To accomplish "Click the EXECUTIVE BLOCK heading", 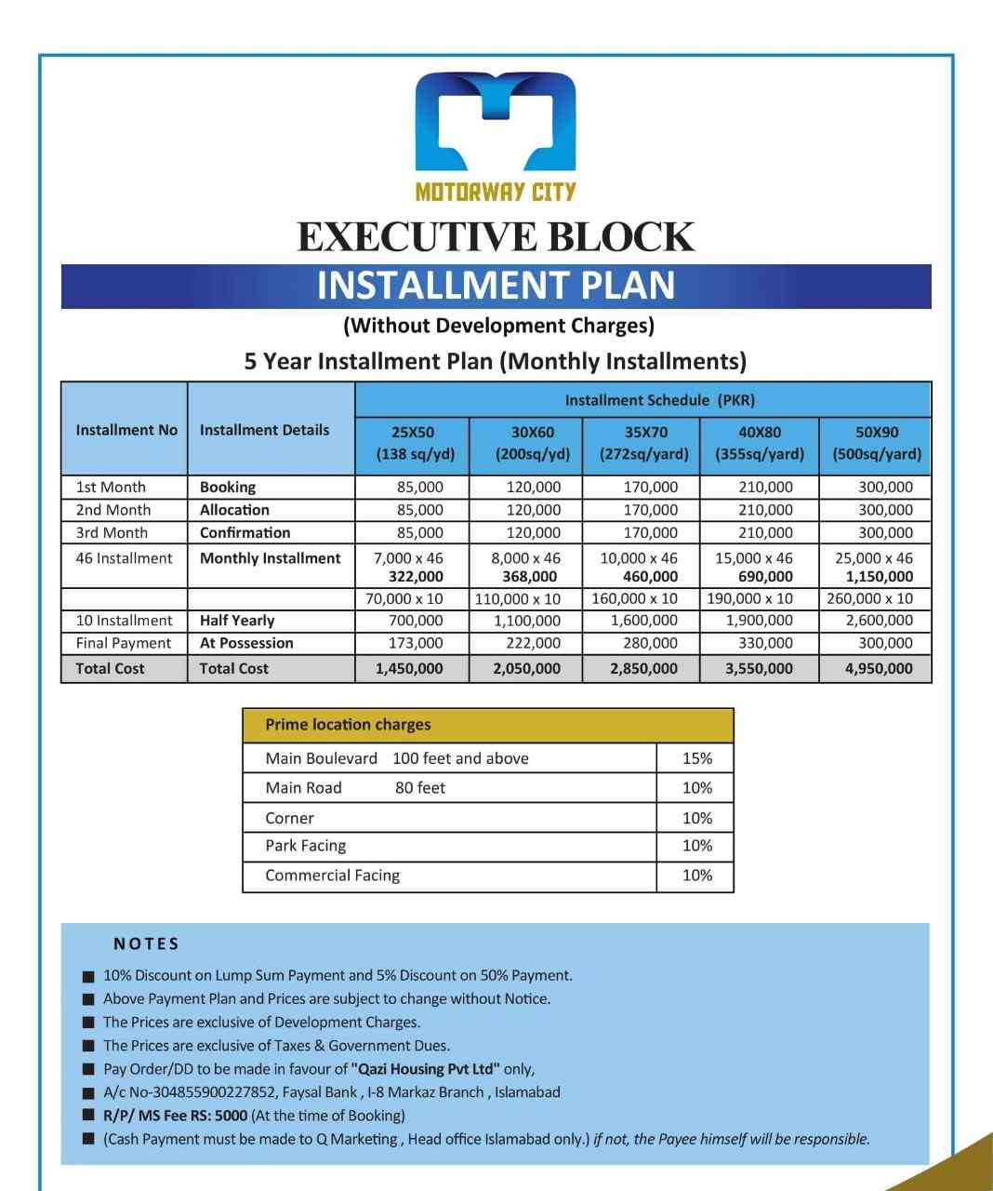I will point(496,237).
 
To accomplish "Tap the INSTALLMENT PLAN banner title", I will point(496,286).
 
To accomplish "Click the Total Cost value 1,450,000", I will point(409,668).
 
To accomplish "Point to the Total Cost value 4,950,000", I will point(879,668).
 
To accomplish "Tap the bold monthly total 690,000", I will point(765,577).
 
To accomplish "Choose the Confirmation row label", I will point(245,533).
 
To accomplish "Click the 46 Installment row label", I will point(124,558).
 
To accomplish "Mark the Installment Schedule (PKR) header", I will point(659,400).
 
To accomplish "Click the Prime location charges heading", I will point(348,725).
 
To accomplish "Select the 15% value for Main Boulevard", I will point(696,758).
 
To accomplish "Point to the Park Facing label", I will point(305,846).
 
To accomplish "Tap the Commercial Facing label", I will point(332,876).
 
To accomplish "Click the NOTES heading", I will point(146,943).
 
